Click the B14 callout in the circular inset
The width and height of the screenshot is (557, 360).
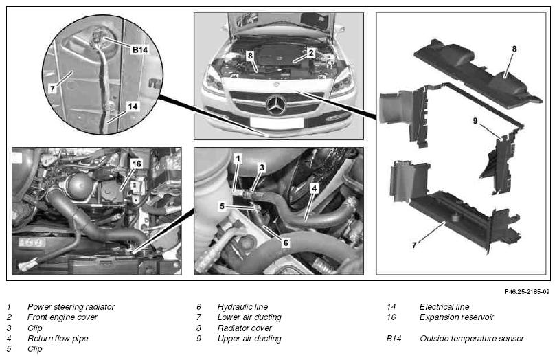tap(139, 49)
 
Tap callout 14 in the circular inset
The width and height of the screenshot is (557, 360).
tap(133, 106)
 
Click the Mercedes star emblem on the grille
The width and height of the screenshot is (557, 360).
tap(276, 105)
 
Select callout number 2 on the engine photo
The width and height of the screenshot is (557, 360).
tap(311, 53)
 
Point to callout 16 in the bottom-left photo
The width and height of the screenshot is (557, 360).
tap(136, 164)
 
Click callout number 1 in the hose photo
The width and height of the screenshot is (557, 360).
tap(238, 159)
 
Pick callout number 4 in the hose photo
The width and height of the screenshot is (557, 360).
tap(314, 188)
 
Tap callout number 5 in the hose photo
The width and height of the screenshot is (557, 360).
tap(222, 206)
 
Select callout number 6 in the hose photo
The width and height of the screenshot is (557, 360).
tap(286, 243)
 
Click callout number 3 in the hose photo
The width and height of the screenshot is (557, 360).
tap(262, 168)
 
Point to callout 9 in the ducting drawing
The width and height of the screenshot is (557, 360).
tap(475, 121)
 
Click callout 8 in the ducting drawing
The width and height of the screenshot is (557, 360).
tap(514, 49)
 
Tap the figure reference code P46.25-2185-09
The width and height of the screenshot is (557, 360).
tap(527, 291)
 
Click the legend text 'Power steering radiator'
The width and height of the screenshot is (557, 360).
tap(71, 306)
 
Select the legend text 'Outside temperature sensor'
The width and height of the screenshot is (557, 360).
tap(472, 338)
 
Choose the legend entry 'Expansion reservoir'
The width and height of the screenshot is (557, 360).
tap(457, 317)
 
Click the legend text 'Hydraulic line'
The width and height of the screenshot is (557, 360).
tap(242, 306)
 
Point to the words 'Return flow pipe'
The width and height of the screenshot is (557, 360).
tap(58, 338)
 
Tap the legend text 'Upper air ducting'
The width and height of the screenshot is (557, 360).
tap(249, 338)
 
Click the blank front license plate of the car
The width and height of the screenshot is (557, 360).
tap(277, 122)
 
